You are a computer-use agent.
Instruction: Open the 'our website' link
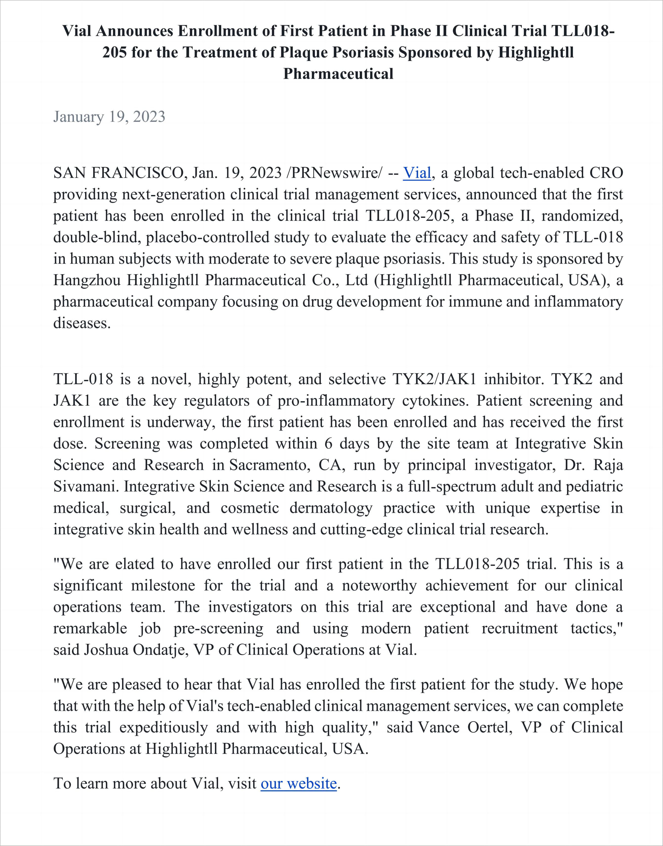click(299, 783)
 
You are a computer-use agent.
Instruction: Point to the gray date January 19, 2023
click(109, 117)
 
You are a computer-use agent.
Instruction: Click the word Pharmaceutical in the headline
click(338, 74)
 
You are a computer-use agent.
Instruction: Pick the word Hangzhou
click(87, 280)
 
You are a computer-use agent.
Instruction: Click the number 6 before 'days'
click(328, 443)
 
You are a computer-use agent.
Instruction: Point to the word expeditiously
click(163, 727)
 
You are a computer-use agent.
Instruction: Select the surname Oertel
click(489, 727)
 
